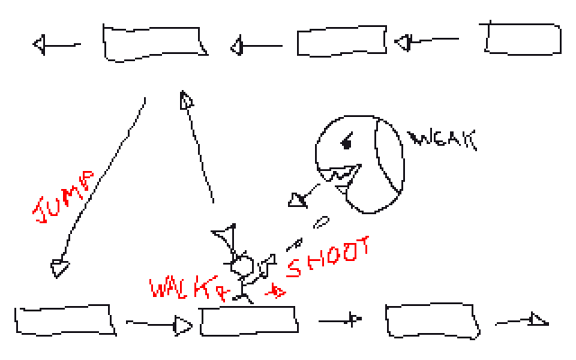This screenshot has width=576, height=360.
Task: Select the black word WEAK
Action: (x=440, y=139)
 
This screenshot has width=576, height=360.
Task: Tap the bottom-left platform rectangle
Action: (x=65, y=320)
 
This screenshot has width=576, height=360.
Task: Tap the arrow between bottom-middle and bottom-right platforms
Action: (x=341, y=319)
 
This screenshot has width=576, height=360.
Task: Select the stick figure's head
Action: (x=241, y=265)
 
